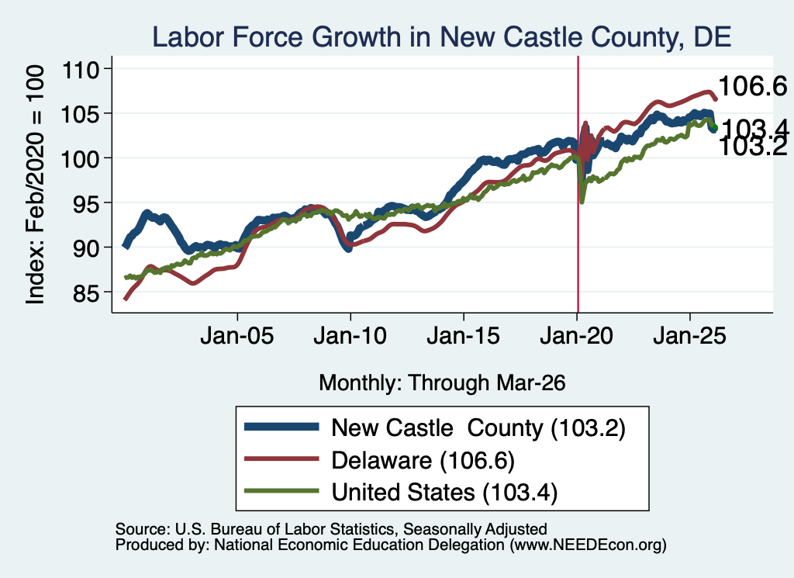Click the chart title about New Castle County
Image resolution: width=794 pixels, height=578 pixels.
[x=441, y=37]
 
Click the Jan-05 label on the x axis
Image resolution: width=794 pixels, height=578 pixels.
[x=237, y=336]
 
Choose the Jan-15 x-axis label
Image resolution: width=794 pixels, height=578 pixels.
[x=464, y=336]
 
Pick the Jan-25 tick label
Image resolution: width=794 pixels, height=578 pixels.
[x=689, y=336]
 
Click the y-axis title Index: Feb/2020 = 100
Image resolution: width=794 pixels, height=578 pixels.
[x=35, y=185]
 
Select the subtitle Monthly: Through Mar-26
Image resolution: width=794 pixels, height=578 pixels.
[x=442, y=383]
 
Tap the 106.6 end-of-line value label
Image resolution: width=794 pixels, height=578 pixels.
[x=752, y=86]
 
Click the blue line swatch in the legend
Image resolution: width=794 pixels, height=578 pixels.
[x=281, y=427]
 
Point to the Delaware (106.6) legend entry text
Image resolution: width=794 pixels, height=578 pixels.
[x=423, y=461]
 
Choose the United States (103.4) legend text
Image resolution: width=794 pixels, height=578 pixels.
[x=444, y=493]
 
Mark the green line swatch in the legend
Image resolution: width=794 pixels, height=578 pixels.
[x=281, y=491]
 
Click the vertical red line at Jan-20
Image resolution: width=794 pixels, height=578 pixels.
[x=578, y=185]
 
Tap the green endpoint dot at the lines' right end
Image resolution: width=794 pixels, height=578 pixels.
[x=714, y=128]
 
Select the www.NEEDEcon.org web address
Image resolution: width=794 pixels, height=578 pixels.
[x=588, y=545]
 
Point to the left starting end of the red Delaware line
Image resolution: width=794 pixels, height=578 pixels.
[x=125, y=299]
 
